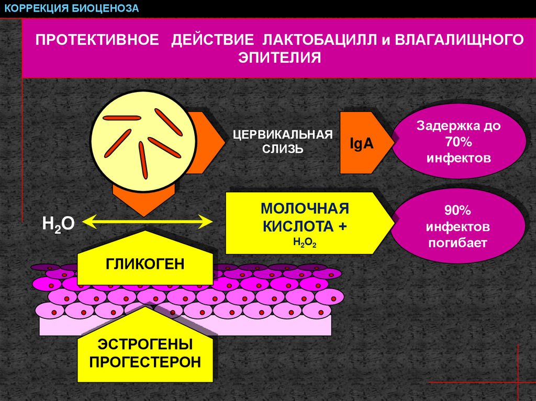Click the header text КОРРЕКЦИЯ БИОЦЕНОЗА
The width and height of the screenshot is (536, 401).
click(x=72, y=8)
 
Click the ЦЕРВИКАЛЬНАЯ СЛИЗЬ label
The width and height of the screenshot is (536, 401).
click(x=283, y=141)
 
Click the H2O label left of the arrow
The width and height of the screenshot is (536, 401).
click(x=58, y=224)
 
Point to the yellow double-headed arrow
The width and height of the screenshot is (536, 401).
click(x=147, y=223)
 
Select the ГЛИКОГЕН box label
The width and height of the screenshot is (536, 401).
click(x=146, y=264)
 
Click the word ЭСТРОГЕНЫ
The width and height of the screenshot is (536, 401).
click(x=146, y=345)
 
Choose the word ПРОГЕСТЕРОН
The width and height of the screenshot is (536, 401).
click(x=146, y=362)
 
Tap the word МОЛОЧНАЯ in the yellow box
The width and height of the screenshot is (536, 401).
click(x=305, y=209)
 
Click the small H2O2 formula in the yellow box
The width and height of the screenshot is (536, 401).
click(x=305, y=242)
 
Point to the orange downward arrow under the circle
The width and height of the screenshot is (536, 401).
click(x=143, y=201)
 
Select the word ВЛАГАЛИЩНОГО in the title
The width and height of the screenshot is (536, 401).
click(x=459, y=40)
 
